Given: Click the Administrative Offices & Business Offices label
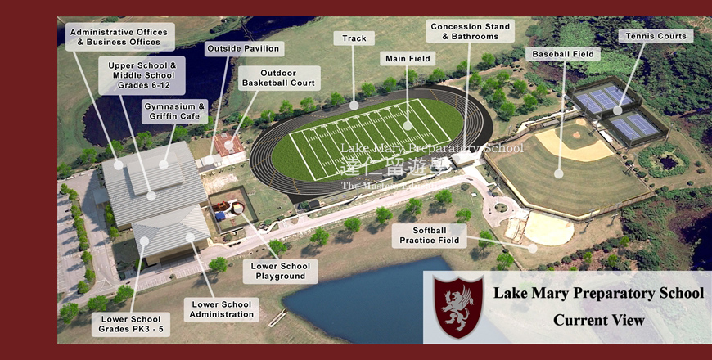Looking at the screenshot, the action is (x=119, y=37).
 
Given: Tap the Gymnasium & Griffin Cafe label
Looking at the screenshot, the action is (x=173, y=111).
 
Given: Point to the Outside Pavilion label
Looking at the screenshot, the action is (x=244, y=48).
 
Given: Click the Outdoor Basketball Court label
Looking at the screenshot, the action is (x=279, y=78).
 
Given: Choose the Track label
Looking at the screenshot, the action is (x=354, y=38).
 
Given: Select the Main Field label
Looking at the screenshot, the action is (x=407, y=59).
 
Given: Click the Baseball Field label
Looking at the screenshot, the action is (x=564, y=54).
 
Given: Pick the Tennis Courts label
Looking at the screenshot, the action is (x=656, y=36).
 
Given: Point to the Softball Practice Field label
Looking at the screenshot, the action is (x=429, y=236).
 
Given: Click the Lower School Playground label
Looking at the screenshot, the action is (x=280, y=271).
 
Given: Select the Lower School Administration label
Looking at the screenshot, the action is (x=222, y=309).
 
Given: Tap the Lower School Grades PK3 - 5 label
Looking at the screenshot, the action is (x=132, y=324).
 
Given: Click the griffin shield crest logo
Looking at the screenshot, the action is (x=457, y=305).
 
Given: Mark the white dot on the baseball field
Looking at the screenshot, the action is (x=558, y=173).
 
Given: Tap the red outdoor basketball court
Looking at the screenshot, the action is (x=228, y=145).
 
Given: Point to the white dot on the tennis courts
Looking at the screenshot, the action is (x=618, y=109).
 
